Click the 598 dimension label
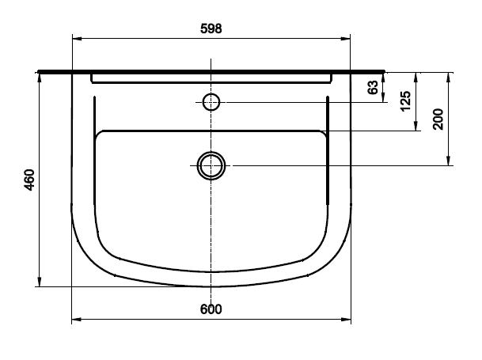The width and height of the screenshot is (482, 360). (211, 28)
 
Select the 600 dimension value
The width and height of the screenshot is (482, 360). (211, 309)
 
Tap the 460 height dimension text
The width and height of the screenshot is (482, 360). (30, 180)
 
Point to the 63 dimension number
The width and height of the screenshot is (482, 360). (373, 87)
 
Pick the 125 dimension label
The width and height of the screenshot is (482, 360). (405, 101)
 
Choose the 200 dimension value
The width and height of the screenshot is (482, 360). (438, 119)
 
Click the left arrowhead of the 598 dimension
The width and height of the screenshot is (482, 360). (77, 39)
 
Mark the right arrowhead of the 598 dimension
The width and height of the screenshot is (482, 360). (346, 39)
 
